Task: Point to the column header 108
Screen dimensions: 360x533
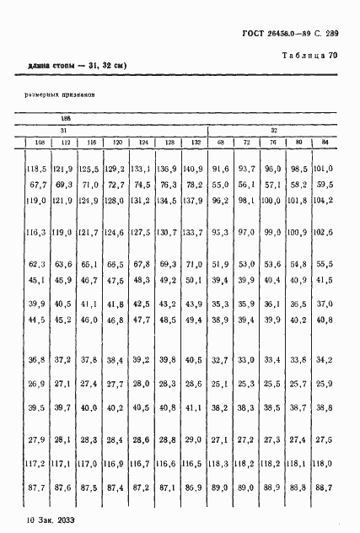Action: pyautogui.click(x=36, y=141)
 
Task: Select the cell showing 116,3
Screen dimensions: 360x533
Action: pyautogui.click(x=36, y=232)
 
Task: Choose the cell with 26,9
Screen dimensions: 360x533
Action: pyautogui.click(x=36, y=384)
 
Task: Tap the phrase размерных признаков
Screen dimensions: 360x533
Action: pyautogui.click(x=59, y=95)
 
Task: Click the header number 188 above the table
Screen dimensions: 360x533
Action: pyautogui.click(x=66, y=120)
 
